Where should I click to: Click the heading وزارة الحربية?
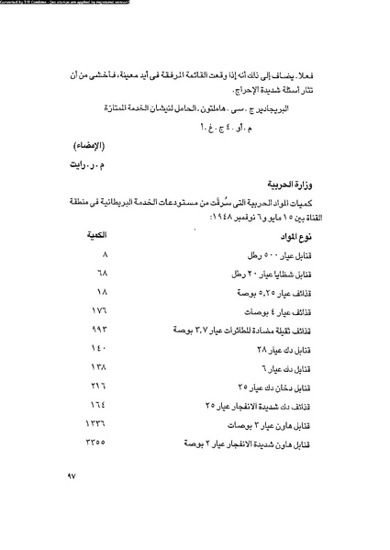(291, 185)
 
